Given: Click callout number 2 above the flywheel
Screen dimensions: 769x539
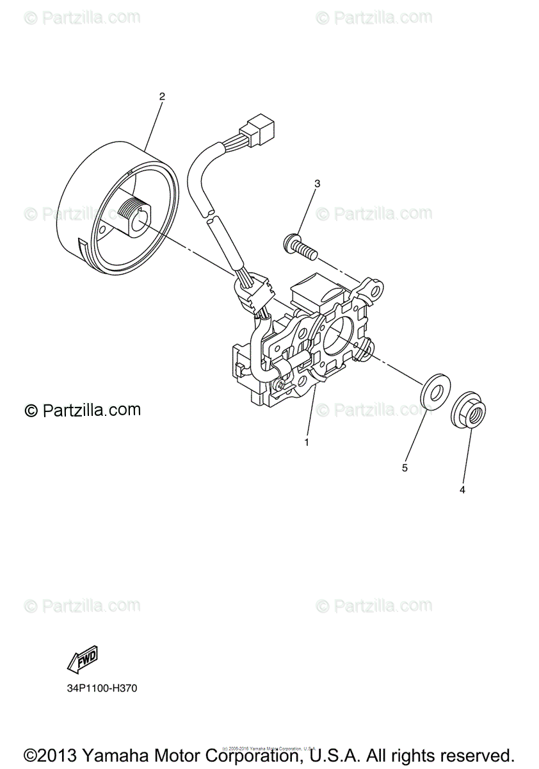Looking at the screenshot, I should tap(162, 97).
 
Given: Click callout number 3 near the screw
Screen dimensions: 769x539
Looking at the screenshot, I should tap(317, 184).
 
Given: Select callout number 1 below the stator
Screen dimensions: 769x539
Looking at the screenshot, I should tap(307, 442).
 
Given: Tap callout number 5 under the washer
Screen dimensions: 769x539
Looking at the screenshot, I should tap(405, 468).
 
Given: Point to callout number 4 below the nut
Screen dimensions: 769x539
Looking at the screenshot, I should tap(462, 490).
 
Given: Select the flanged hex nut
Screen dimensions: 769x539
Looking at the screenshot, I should tap(468, 413).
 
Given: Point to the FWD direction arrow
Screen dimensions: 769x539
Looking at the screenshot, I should tap(82, 659).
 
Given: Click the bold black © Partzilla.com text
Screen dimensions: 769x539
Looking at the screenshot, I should tap(83, 410).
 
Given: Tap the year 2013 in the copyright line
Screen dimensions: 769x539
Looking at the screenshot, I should tap(58, 755).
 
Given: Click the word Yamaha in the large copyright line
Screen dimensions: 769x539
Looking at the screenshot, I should tap(121, 755).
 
